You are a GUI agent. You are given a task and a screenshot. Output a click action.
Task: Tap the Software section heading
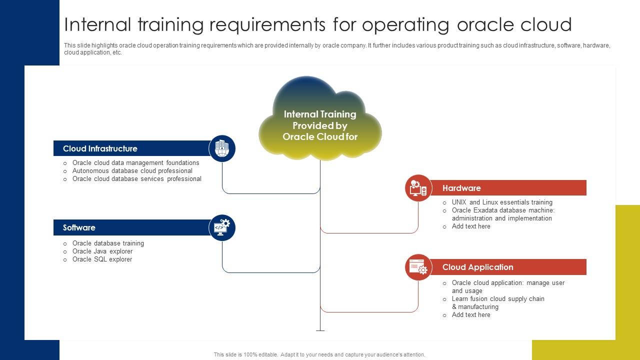click(79, 227)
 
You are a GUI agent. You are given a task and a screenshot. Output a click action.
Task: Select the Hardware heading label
click(461, 188)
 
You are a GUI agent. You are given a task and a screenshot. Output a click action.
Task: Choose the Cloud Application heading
click(477, 267)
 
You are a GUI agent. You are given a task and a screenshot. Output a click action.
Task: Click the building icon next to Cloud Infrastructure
click(222, 148)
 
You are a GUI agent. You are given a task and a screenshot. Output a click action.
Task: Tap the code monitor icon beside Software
click(222, 227)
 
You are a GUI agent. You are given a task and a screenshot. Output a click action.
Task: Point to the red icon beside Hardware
click(418, 188)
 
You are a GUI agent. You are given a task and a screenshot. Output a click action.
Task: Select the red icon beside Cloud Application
click(418, 267)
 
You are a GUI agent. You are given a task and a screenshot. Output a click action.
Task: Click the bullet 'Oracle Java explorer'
click(102, 251)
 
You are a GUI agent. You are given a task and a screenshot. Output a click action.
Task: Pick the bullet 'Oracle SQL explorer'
click(102, 259)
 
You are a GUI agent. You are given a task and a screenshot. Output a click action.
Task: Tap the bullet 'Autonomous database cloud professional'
click(132, 171)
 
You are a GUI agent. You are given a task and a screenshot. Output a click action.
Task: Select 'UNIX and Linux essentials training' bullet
click(502, 202)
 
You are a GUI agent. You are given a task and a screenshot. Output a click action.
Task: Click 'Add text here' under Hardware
click(471, 226)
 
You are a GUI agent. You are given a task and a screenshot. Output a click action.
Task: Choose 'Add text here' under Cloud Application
click(471, 315)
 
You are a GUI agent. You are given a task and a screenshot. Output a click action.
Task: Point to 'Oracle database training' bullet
click(108, 243)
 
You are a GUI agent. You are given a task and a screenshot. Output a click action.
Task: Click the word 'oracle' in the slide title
click(488, 24)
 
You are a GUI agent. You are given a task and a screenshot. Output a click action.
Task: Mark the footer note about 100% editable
click(319, 354)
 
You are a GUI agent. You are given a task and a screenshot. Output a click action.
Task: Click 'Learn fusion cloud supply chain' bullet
click(498, 299)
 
